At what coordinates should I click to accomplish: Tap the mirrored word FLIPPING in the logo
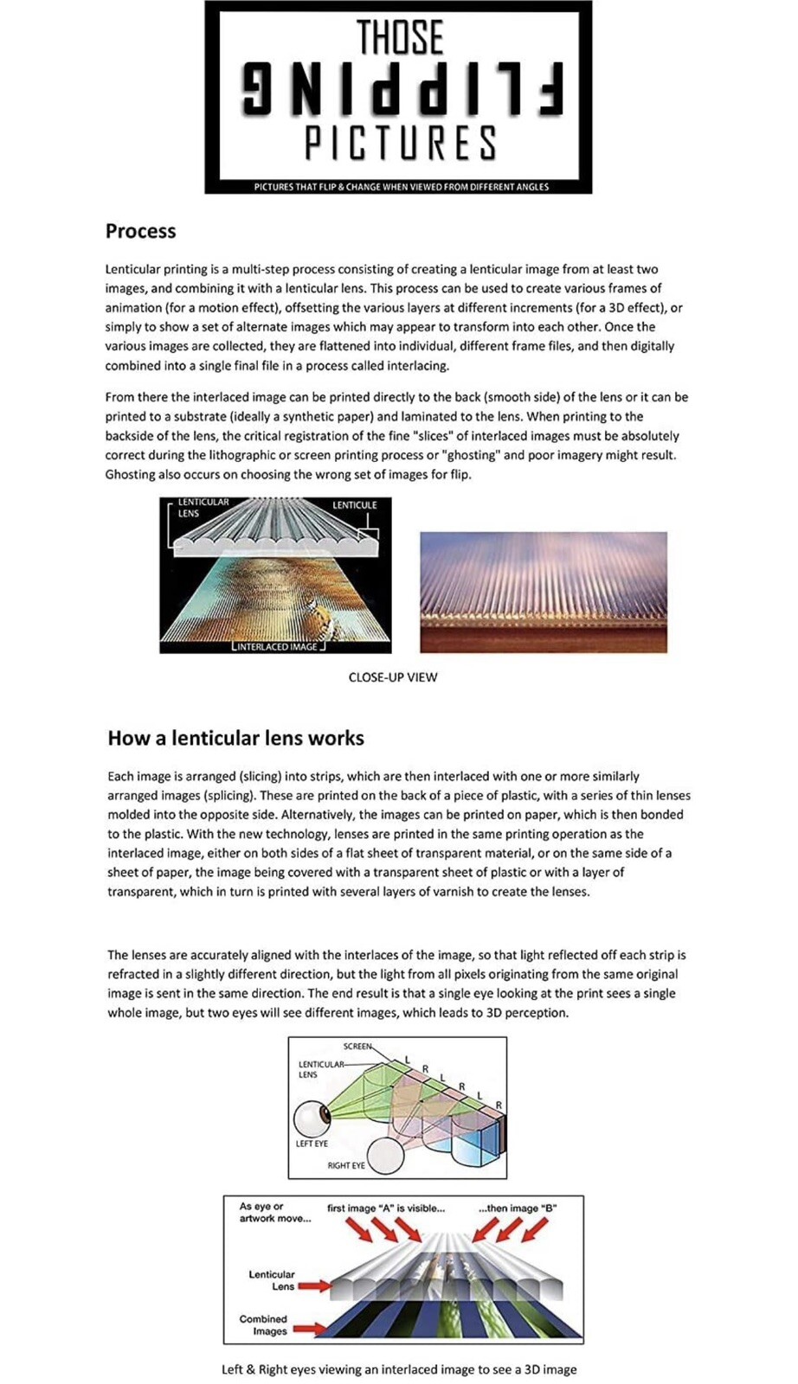(402, 89)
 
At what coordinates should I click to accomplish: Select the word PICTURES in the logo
(401, 143)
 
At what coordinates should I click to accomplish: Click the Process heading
(140, 231)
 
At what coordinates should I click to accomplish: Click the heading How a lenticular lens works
(235, 738)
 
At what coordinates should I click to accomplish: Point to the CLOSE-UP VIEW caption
(393, 677)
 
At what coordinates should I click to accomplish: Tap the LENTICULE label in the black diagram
(355, 505)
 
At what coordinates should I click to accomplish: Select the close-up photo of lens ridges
(543, 592)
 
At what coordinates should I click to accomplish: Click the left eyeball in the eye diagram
(312, 1118)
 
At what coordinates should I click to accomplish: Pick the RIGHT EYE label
(345, 1165)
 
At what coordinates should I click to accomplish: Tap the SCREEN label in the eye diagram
(357, 1047)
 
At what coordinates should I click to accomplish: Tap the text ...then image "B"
(518, 1208)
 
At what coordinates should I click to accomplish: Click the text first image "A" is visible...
(386, 1208)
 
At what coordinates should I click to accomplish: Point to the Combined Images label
(264, 1325)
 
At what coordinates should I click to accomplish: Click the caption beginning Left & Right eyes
(399, 1369)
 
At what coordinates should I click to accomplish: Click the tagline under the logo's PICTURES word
(401, 187)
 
